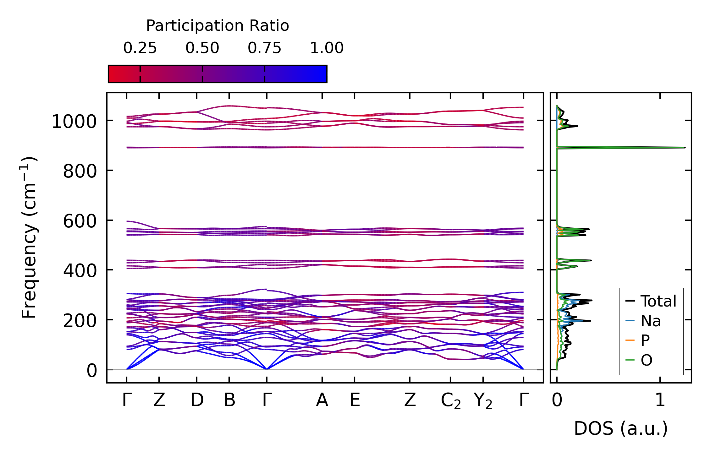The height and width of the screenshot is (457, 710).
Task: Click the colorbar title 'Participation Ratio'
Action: pyautogui.click(x=217, y=26)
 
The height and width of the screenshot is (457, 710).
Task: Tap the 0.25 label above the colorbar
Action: pyautogui.click(x=140, y=48)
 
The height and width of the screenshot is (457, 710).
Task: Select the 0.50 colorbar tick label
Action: pyautogui.click(x=202, y=48)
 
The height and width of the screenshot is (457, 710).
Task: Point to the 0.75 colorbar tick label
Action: pyautogui.click(x=264, y=48)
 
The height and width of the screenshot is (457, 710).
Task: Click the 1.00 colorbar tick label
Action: pyautogui.click(x=327, y=48)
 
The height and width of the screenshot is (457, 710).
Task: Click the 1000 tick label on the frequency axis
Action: pyautogui.click(x=74, y=122)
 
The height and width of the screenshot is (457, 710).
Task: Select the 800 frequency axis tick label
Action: pyautogui.click(x=80, y=171)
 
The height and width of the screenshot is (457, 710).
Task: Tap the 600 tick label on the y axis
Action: pyautogui.click(x=80, y=221)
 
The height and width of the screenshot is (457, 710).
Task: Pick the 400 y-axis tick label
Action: pyautogui.click(x=80, y=271)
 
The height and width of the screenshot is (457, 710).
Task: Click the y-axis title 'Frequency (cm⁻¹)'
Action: pyautogui.click(x=29, y=238)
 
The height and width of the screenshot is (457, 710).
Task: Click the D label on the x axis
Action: pyautogui.click(x=197, y=400)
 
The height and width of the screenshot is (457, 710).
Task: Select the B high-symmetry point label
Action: pyautogui.click(x=229, y=400)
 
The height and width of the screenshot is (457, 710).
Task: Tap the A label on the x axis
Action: pyautogui.click(x=322, y=400)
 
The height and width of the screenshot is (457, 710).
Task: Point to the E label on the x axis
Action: pyautogui.click(x=355, y=400)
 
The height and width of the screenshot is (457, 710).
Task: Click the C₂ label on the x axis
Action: pyautogui.click(x=451, y=401)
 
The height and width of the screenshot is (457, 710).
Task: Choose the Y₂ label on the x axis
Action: pyautogui.click(x=483, y=401)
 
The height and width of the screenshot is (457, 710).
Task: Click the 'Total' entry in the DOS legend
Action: pyautogui.click(x=658, y=301)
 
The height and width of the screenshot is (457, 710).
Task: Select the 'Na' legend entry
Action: pyautogui.click(x=651, y=321)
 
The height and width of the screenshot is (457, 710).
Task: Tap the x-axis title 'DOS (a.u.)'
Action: pyautogui.click(x=621, y=428)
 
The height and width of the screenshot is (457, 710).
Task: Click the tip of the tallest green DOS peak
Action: pyautogui.click(x=684, y=147)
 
